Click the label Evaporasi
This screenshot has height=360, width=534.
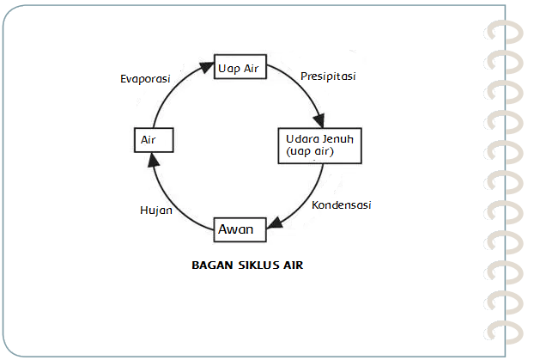(x=145, y=78)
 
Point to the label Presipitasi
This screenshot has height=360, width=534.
(x=328, y=76)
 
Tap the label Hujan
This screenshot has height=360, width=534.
(x=157, y=209)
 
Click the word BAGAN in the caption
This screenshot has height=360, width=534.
(x=212, y=265)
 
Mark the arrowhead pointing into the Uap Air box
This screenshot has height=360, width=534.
(x=209, y=66)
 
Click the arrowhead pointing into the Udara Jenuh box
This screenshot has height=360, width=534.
(x=321, y=122)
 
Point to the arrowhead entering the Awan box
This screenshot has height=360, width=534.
(x=273, y=228)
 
